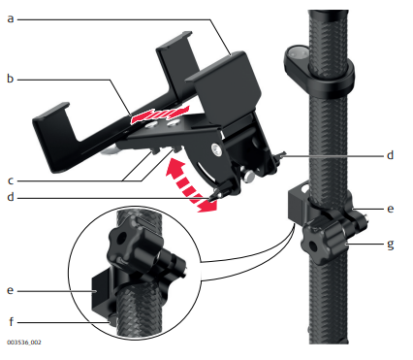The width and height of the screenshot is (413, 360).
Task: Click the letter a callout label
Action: point(11,19)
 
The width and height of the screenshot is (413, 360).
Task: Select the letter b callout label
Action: point(11,79)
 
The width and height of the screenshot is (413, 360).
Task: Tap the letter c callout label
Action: point(11,180)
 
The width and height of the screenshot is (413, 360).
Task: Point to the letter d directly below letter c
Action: point(11,197)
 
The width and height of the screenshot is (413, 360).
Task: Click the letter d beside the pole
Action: point(391,155)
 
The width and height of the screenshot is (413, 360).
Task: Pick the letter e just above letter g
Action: point(391,209)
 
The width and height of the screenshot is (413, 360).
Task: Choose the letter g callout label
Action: point(391,244)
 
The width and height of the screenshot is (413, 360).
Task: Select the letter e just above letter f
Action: point(11,290)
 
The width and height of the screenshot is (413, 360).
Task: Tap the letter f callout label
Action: point(12,321)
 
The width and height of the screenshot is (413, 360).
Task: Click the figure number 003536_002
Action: point(24,343)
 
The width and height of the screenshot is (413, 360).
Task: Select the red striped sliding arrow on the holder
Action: point(159,115)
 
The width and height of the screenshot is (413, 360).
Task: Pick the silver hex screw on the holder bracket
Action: point(216,149)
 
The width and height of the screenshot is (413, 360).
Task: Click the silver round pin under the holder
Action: point(249,176)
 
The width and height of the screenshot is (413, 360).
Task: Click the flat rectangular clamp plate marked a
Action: point(225,86)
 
